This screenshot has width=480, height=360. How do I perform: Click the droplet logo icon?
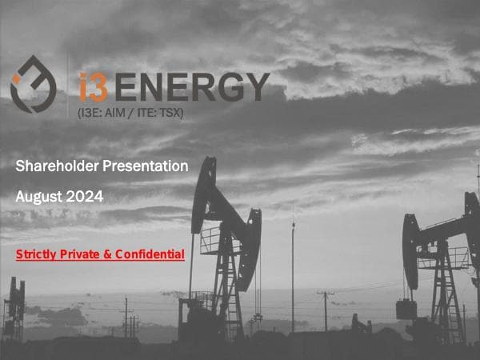pyautogui.click(x=33, y=84)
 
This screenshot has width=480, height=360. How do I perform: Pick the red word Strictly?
pyautogui.click(x=37, y=254)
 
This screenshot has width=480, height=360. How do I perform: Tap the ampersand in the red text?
pyautogui.click(x=111, y=254)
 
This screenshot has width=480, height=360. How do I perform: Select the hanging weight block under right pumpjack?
pyautogui.click(x=406, y=309)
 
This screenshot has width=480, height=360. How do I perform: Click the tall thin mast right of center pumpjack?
pyautogui.click(x=293, y=272)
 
